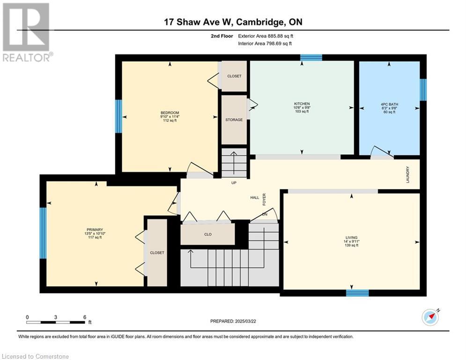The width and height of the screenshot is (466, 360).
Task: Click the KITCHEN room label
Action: (302, 104)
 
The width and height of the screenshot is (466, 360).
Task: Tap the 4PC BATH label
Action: (389, 105)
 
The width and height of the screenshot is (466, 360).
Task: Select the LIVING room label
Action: (351, 237)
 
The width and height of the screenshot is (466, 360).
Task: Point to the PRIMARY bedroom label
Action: (95, 230)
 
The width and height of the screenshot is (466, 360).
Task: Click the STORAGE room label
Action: (234, 120)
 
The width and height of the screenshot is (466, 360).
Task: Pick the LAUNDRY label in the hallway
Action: (408, 175)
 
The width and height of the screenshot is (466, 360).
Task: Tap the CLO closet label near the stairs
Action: (208, 234)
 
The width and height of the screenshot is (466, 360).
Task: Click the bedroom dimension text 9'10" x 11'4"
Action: (170, 117)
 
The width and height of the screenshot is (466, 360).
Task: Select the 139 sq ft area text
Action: (351, 246)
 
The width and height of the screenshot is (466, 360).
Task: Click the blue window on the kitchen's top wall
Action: (311, 57)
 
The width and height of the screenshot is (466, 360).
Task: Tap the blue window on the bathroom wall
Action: (423, 90)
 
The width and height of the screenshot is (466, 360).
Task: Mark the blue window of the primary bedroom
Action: (43, 233)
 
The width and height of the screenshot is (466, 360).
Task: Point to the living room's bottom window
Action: (357, 293)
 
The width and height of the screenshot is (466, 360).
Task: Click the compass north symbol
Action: (430, 317)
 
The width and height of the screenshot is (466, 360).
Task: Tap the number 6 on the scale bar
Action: (85, 317)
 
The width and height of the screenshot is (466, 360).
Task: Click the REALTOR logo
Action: (27, 32)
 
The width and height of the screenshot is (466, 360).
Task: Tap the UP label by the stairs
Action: (234, 183)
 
